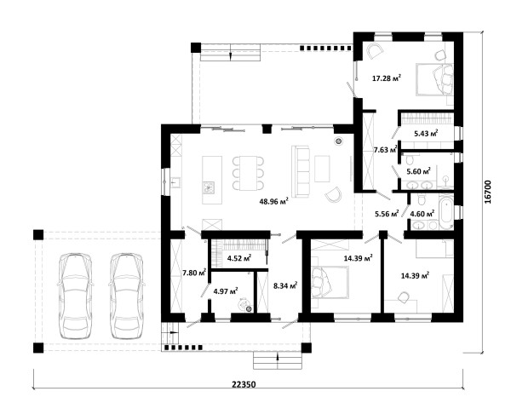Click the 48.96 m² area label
point(273,201)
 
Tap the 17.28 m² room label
point(387,78)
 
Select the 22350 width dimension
point(244,384)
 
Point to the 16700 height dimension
point(487,192)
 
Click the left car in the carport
point(75,295)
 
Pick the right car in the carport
point(127,295)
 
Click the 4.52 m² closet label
point(239,258)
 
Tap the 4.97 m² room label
point(225,291)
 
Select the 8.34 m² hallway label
point(285,286)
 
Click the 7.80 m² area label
point(194,273)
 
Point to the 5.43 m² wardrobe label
point(426,133)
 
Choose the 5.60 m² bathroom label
point(418,171)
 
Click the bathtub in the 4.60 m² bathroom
point(445,211)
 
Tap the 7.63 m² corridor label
point(385,150)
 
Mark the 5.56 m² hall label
point(387,214)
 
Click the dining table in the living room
point(249,173)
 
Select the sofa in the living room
point(300,171)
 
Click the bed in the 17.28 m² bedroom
point(434,79)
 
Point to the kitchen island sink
point(209,187)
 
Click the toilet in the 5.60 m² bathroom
point(410,160)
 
